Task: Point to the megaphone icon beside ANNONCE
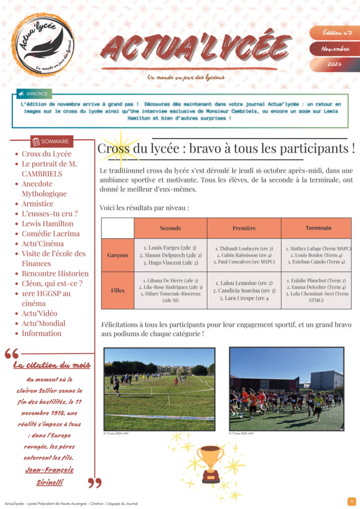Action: pos(21,93)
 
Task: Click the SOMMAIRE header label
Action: pos(52,142)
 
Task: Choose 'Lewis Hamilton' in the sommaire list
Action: pos(47,224)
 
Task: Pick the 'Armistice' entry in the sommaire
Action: pos(37,204)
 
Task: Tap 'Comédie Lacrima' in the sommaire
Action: pos(50,234)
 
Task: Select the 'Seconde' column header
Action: pos(171,228)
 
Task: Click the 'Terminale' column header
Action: pos(318,228)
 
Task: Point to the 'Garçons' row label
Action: pos(118,255)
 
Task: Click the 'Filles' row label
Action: pos(118,290)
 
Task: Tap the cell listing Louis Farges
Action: pos(171,255)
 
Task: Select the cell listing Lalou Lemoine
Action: pos(244,290)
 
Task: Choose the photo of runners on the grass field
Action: pos(160,389)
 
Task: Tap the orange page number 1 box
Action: pos(352,502)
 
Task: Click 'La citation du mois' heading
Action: pos(52,365)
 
